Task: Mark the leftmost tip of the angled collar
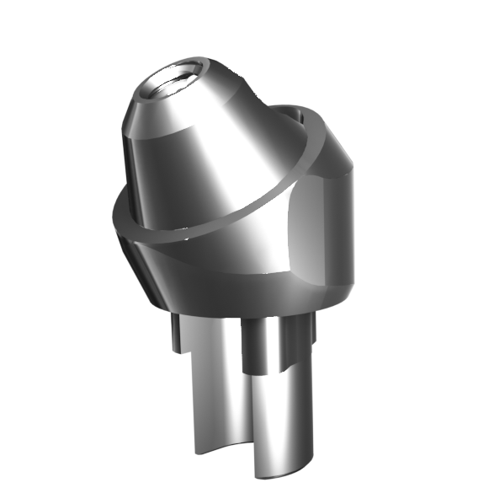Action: (x=112, y=221)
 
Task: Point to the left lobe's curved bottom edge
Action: (x=210, y=451)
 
